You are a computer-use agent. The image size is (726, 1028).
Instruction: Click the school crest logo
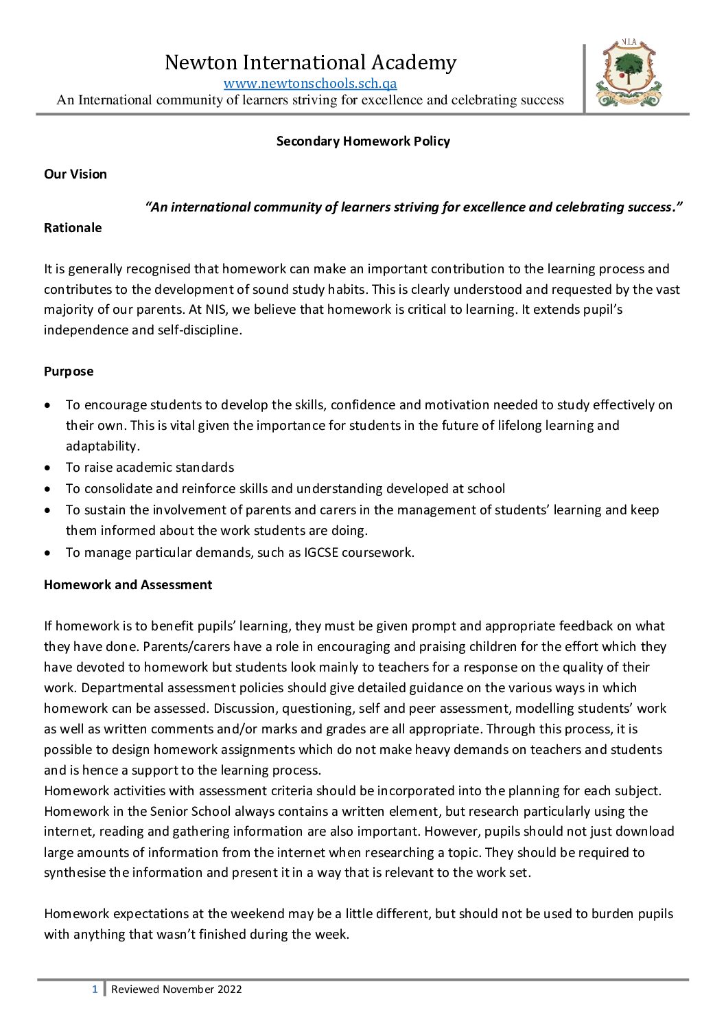point(629,75)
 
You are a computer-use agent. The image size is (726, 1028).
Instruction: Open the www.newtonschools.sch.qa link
point(310,84)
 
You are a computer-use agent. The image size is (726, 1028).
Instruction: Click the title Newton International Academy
point(310,62)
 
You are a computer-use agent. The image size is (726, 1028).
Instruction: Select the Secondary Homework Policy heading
point(363,141)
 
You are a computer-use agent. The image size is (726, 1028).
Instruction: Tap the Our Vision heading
point(75,174)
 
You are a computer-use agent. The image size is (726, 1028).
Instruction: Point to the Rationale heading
point(73,228)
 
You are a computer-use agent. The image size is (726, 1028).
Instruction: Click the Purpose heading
point(69,372)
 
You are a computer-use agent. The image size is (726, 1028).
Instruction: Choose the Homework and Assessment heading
point(128,585)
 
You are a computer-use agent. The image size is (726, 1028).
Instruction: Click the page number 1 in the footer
point(95,990)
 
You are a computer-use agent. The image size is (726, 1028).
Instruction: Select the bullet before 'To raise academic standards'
point(47,468)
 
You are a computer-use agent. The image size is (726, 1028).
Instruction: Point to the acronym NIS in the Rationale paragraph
point(216,310)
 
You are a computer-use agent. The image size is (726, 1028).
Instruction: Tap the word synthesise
point(75,873)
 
